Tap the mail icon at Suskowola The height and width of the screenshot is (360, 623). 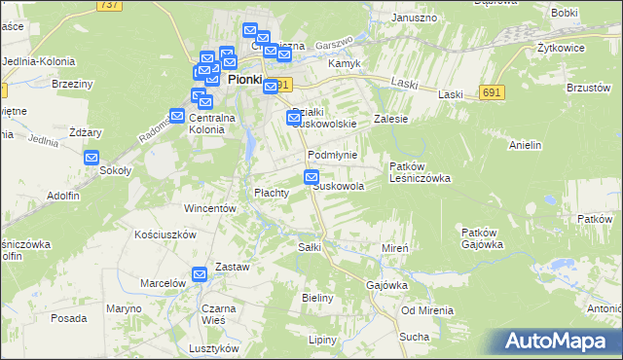[x=311, y=177]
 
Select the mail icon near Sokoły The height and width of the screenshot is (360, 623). [x=92, y=158]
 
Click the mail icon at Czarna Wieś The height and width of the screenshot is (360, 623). [x=200, y=275]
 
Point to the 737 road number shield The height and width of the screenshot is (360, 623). [x=109, y=5]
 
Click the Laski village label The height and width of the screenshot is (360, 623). [x=450, y=94]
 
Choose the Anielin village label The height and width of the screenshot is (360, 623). [x=525, y=146]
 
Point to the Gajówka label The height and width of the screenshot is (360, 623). [x=386, y=285]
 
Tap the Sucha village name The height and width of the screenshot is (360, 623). [x=414, y=337]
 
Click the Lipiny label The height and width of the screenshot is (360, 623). [x=322, y=340]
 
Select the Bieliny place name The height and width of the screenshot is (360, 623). [x=318, y=297]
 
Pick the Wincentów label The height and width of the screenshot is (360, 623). [x=211, y=208]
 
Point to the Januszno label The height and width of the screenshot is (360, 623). [x=413, y=18]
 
